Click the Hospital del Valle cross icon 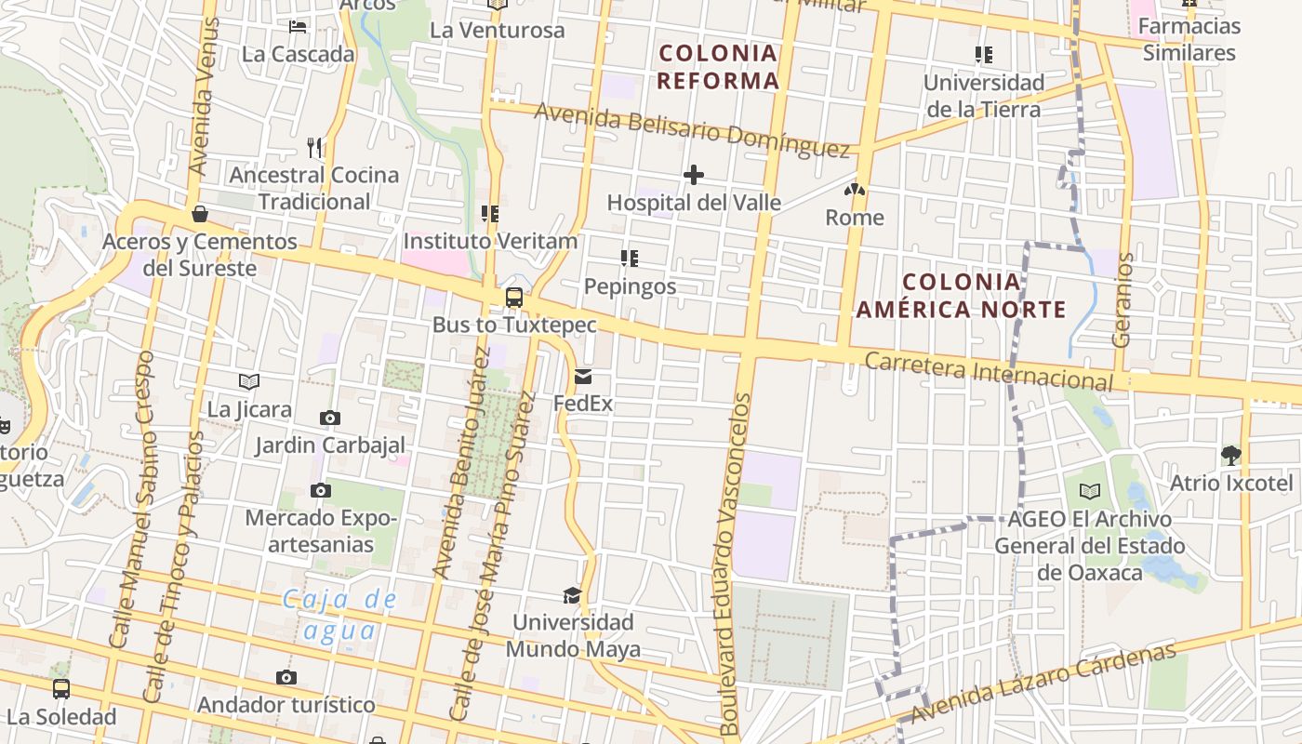[693, 175]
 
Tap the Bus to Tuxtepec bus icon [513, 298]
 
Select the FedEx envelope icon [583, 377]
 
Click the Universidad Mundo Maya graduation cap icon [572, 595]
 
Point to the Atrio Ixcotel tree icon [1231, 456]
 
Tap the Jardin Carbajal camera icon [330, 418]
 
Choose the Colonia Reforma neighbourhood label [718, 66]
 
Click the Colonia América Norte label [961, 295]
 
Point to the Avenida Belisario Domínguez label [693, 128]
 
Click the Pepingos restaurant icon [630, 258]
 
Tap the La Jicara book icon [248, 381]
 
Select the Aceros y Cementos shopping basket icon [199, 215]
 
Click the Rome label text [855, 218]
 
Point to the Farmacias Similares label [1189, 39]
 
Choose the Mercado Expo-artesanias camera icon [321, 490]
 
